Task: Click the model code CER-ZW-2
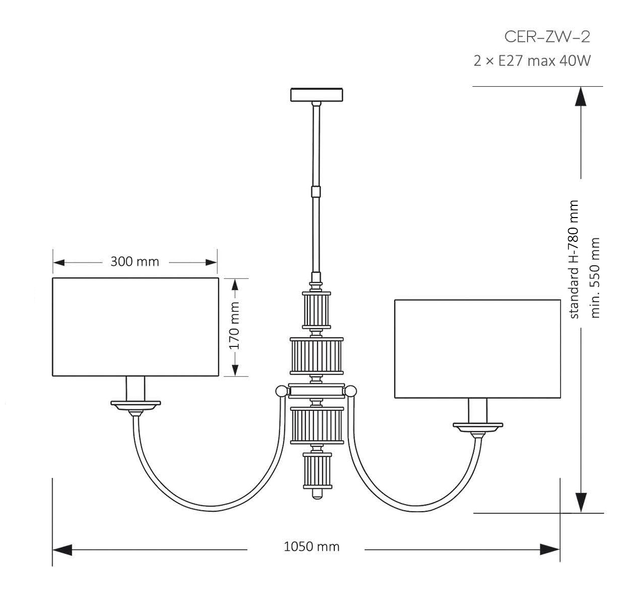point(547,37)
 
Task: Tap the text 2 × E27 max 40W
point(532,61)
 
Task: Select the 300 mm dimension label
point(134,262)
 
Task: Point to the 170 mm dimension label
point(234,327)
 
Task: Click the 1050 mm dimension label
point(311,547)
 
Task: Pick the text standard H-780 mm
point(574,259)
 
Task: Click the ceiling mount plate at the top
point(317,95)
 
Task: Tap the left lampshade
point(135,327)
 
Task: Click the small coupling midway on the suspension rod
point(317,192)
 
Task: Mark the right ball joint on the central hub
point(351,391)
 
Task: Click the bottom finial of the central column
point(317,493)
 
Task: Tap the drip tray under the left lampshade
point(135,404)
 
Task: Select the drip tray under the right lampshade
point(477,427)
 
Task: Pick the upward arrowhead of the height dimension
point(581,96)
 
